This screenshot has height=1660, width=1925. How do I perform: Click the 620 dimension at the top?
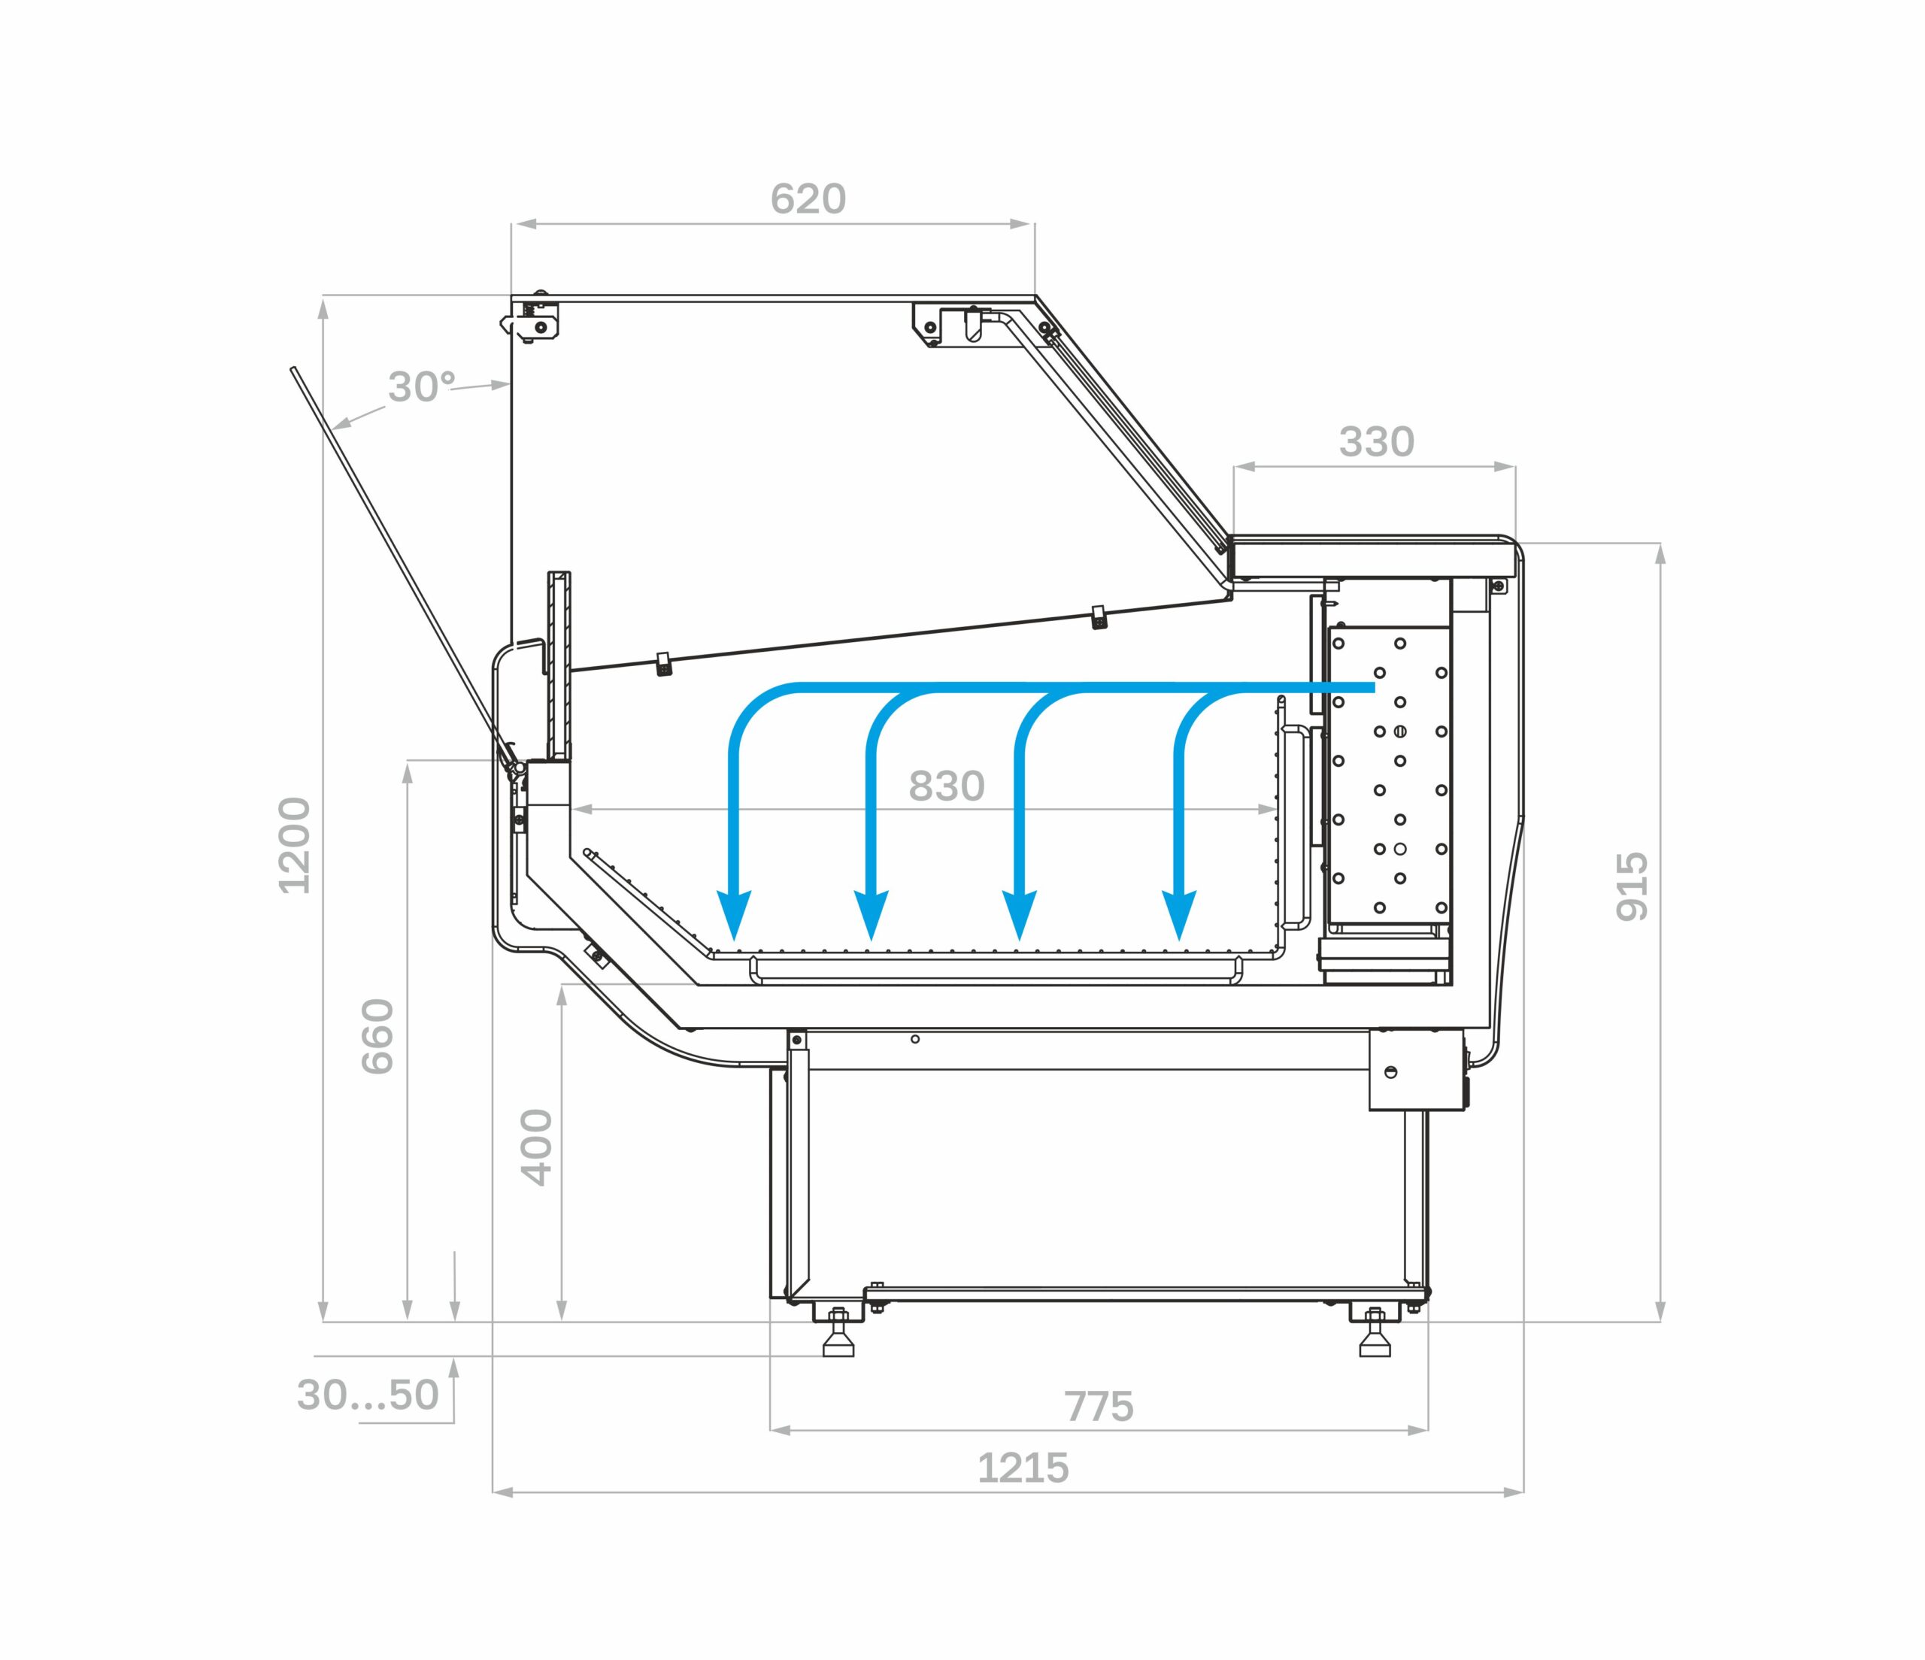[x=808, y=198]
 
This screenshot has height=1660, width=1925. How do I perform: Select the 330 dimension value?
[x=1376, y=442]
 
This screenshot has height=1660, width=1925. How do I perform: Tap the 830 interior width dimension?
[x=946, y=786]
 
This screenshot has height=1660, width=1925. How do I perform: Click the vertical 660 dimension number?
[x=378, y=1037]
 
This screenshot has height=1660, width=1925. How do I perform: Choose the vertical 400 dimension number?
[x=537, y=1147]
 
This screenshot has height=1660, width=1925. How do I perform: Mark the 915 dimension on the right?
[x=1632, y=887]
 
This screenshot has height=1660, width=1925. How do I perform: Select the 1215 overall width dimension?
[x=1023, y=1468]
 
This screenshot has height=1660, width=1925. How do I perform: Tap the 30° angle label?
[x=422, y=386]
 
